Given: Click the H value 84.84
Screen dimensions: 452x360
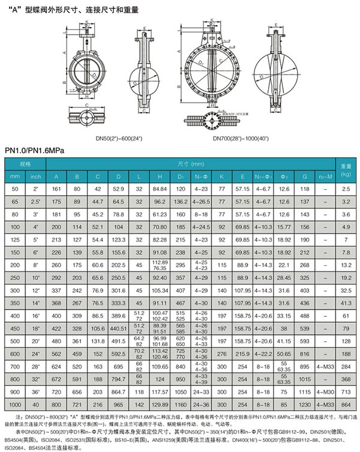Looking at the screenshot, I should [160, 189].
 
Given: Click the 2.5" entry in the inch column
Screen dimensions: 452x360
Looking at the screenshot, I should [36, 202].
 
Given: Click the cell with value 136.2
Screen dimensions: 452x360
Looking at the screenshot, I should [180, 202].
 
